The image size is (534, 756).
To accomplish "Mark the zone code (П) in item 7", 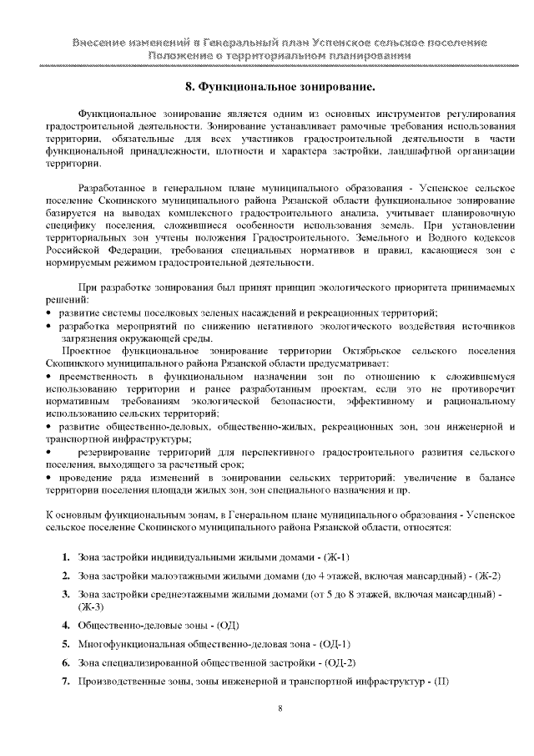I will click(x=440, y=681).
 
